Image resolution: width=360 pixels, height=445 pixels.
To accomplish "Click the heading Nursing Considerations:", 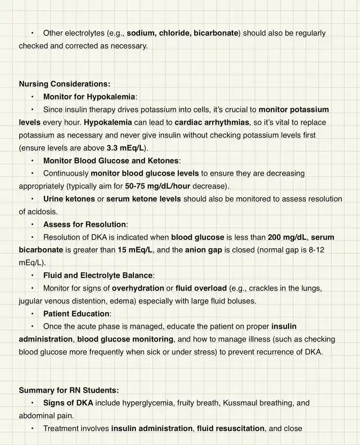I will [65, 84].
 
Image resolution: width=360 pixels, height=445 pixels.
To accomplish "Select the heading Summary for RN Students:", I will [69, 390].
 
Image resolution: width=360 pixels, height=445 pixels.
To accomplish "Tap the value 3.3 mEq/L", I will [126, 148].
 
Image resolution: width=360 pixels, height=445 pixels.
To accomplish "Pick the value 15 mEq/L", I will [135, 250].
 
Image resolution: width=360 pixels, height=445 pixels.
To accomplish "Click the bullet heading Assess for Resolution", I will [85, 224].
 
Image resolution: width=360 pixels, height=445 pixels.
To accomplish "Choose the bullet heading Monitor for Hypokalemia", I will [89, 97].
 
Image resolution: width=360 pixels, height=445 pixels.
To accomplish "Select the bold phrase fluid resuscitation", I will [231, 428].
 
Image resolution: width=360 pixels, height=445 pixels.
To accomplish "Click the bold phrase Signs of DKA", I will [68, 403].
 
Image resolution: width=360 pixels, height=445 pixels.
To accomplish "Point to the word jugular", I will [32, 301].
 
